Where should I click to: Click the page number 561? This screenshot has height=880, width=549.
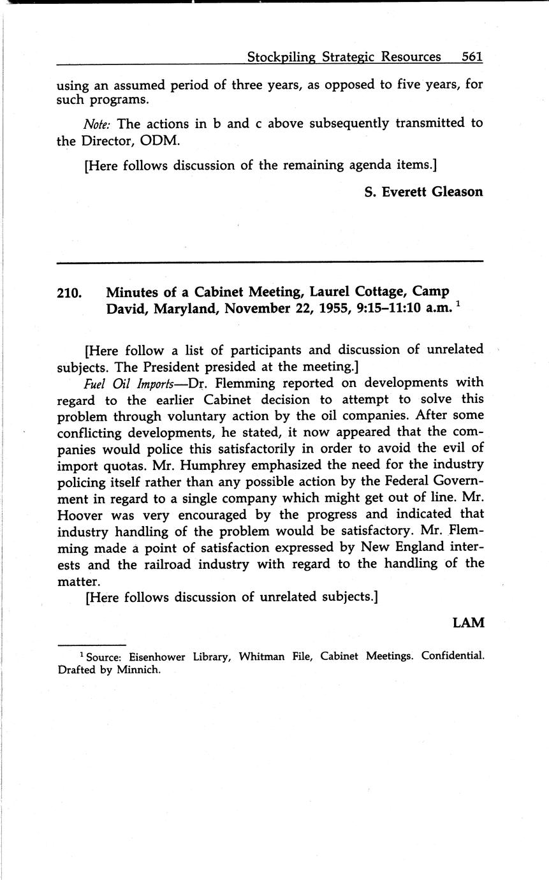472,57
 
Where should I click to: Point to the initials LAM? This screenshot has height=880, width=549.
469,623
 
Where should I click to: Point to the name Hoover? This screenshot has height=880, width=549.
80,514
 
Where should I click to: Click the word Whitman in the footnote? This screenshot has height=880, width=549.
262,656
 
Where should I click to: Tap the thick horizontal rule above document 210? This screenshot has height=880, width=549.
270,261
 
